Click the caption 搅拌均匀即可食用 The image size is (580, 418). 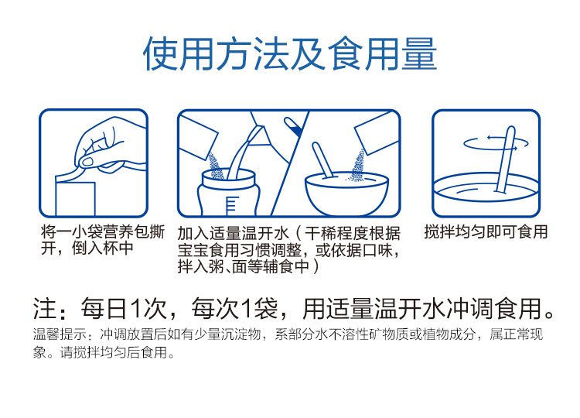pos(486,232)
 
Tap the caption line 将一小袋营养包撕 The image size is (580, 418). pos(102,232)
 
